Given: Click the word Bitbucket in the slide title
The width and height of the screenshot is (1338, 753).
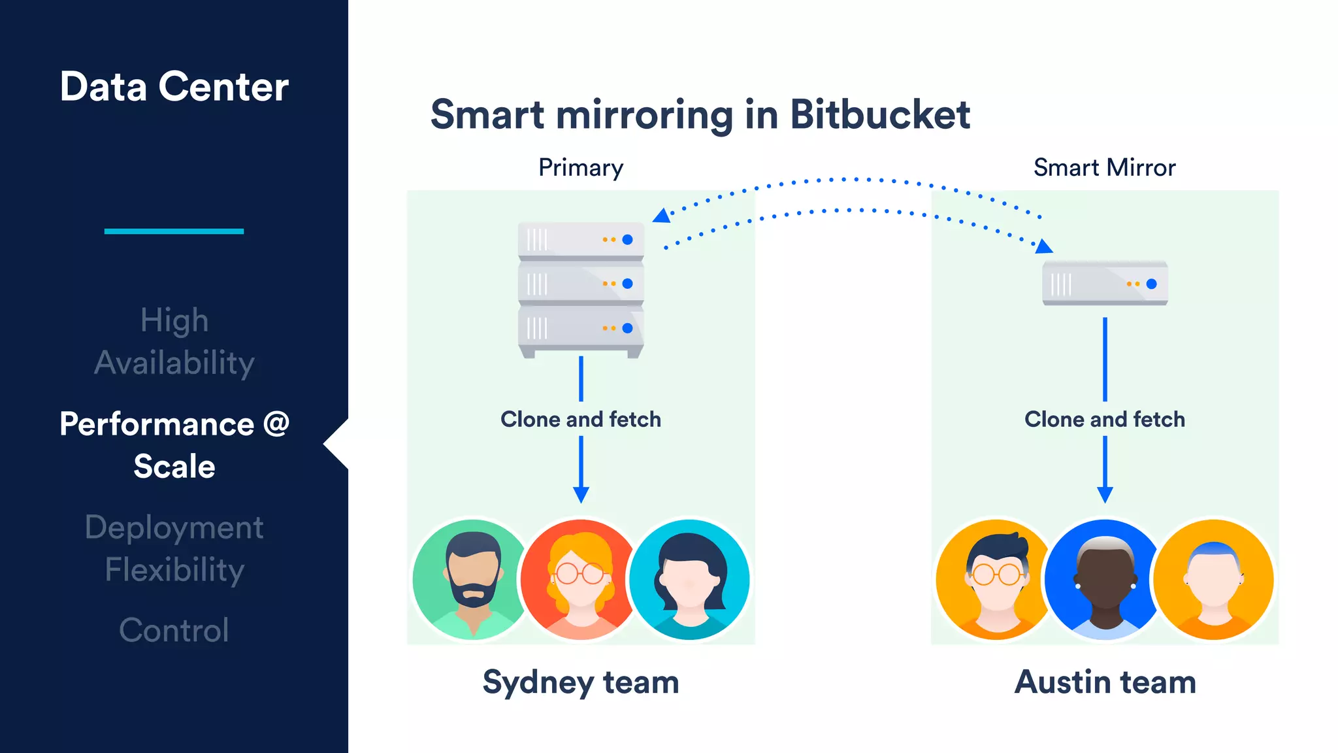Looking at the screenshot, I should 879,115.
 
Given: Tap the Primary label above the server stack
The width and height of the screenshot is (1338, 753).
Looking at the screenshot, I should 581,168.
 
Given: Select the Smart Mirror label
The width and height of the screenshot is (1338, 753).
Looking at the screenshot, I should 1104,168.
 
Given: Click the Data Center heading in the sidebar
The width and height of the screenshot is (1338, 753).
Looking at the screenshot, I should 174,86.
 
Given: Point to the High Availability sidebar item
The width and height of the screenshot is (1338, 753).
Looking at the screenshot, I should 174,341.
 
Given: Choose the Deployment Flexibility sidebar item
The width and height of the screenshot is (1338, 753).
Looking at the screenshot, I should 174,548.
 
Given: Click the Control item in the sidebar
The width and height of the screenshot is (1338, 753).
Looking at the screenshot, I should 174,630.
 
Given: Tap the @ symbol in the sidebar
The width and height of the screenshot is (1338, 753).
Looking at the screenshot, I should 276,424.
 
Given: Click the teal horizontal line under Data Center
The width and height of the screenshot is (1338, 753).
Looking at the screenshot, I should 174,231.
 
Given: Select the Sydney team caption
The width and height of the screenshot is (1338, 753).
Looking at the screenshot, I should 581,682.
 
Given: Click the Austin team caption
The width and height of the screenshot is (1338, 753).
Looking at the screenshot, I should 1105,682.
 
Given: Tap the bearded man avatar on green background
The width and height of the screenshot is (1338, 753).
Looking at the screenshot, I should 472,579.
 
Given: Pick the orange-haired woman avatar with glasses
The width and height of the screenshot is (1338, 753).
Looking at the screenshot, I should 580,579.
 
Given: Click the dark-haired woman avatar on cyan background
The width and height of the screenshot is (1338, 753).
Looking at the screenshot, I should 689,579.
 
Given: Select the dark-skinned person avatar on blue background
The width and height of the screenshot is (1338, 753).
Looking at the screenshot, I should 1105,579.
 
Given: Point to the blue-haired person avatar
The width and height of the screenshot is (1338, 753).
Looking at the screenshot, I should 1213,579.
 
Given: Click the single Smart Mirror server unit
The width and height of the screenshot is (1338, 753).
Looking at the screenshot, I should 1105,283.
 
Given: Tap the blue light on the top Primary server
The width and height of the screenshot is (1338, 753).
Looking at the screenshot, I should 627,240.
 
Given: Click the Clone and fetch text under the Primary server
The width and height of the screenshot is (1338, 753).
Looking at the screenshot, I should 581,419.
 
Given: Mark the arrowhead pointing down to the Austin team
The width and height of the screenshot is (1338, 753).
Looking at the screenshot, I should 1105,494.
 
